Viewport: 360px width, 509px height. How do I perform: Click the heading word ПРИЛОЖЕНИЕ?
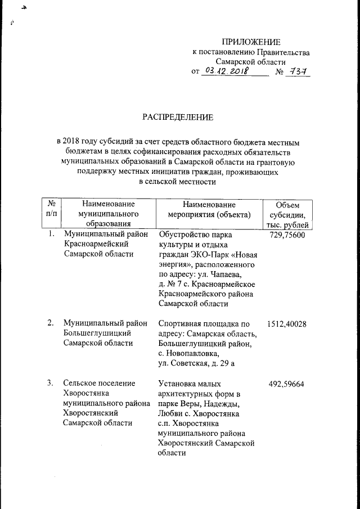point(250,42)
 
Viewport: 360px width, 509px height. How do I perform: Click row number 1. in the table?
point(51,235)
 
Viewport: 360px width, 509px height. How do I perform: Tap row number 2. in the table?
point(51,323)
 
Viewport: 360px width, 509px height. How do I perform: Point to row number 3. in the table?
point(51,384)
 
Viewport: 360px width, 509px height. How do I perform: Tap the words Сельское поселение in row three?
point(99,384)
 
